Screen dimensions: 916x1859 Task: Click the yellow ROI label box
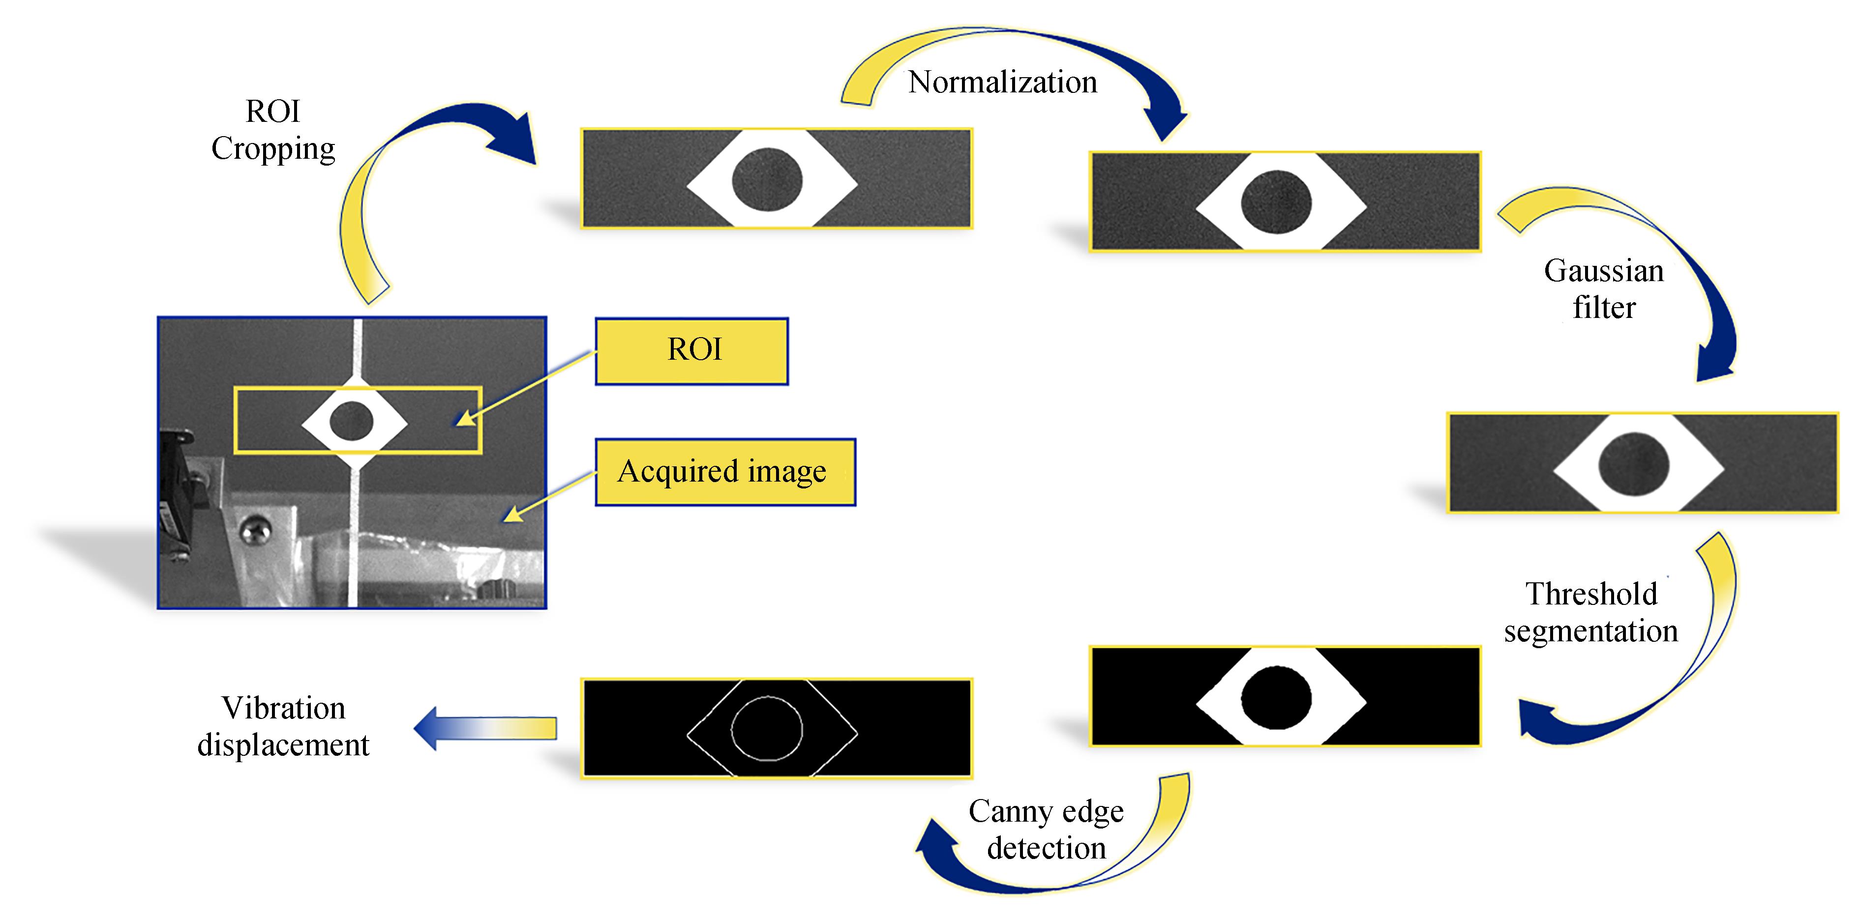[x=691, y=351]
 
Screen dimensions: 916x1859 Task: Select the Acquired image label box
[x=724, y=472]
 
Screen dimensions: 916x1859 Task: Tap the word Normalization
[x=1002, y=82]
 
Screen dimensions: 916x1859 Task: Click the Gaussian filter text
[x=1604, y=288]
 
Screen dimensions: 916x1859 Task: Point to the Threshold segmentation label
[x=1590, y=612]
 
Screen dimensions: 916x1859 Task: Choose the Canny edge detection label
[x=1046, y=830]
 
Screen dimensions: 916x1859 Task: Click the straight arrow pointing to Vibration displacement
[x=485, y=728]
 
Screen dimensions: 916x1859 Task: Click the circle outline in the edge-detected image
[x=766, y=728]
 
